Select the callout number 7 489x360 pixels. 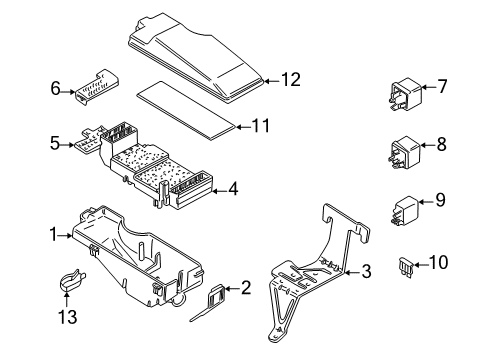pyautogui.click(x=442, y=87)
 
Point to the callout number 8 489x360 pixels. pyautogui.click(x=442, y=145)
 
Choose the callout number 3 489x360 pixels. pyautogui.click(x=367, y=269)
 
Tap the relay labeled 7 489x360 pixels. pyautogui.click(x=402, y=93)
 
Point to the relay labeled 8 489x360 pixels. pyautogui.click(x=402, y=151)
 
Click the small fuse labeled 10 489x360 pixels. pyautogui.click(x=407, y=267)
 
